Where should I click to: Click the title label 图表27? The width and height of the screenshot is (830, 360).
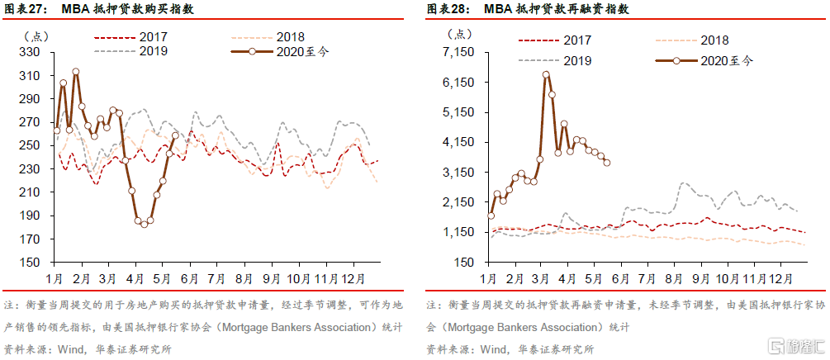tap(25, 10)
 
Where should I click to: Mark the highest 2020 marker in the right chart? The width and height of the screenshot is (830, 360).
tap(546, 74)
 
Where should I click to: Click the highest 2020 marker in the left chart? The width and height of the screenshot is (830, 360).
tap(75, 72)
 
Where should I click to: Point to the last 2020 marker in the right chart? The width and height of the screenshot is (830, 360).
tap(607, 163)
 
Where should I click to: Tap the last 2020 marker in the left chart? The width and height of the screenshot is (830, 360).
tap(174, 135)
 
